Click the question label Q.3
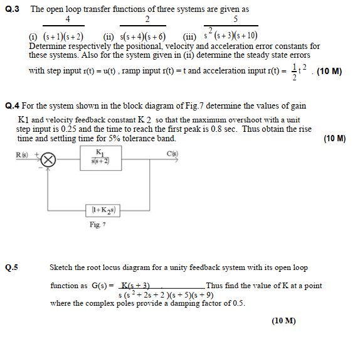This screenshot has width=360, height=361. (x=13, y=9)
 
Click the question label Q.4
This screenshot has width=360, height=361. (x=13, y=106)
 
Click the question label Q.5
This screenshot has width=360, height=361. (x=12, y=267)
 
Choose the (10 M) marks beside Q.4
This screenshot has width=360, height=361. (x=335, y=139)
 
